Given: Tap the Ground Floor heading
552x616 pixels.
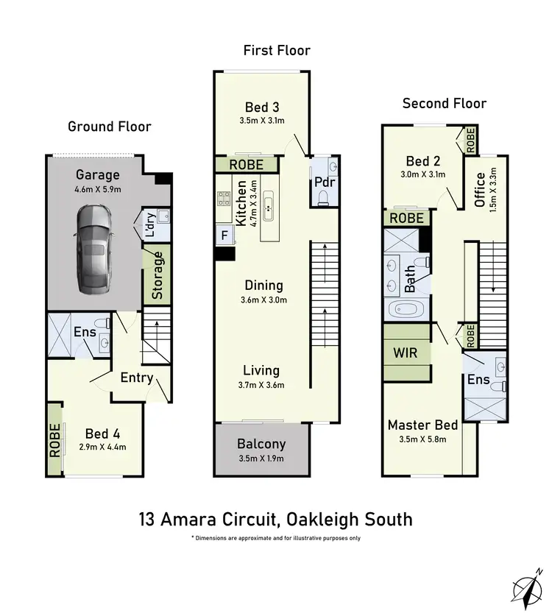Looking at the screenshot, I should click(x=110, y=127).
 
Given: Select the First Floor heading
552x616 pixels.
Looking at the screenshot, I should click(x=277, y=51).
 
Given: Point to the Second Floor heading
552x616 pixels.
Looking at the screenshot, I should click(x=445, y=104).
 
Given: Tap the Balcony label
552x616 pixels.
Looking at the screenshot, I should click(x=261, y=445).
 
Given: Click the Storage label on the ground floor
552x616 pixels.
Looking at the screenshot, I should click(x=158, y=275).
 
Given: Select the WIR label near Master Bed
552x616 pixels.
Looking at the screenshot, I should click(x=405, y=353).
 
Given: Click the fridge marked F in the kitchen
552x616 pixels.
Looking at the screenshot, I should click(x=224, y=236).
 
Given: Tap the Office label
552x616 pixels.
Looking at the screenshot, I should click(x=481, y=190).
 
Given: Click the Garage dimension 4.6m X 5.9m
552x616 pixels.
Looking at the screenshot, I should click(x=98, y=189).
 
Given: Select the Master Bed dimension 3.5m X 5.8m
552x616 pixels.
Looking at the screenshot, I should click(x=422, y=440).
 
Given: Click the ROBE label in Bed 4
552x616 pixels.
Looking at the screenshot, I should click(x=54, y=440).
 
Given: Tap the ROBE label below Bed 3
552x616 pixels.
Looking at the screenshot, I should click(x=246, y=165).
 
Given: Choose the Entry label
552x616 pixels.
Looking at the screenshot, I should click(x=137, y=378).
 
